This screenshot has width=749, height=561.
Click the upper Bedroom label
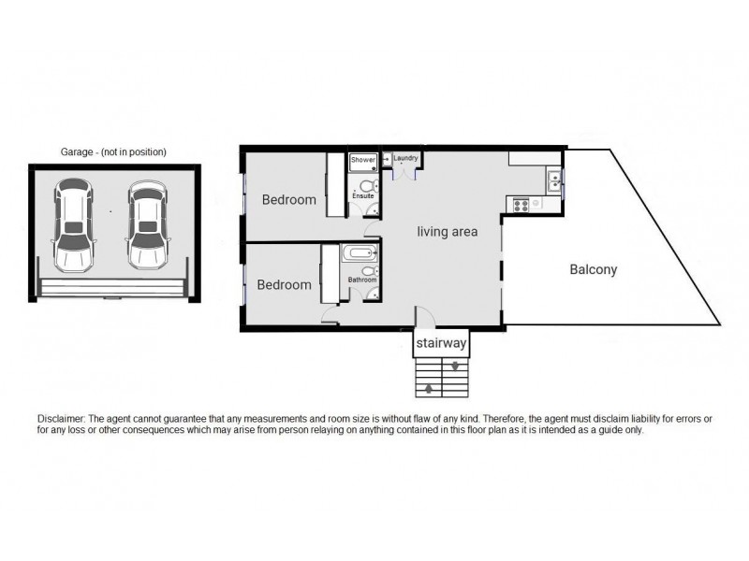coord(288,199)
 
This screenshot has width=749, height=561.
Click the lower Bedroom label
coord(284,285)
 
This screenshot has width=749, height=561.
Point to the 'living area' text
coord(448,232)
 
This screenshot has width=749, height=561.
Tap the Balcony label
coord(594,270)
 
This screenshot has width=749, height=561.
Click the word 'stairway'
coord(441,344)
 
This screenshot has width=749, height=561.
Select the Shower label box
coord(363,161)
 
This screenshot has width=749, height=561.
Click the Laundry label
coord(405,159)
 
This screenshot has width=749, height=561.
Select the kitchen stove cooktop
coord(518,202)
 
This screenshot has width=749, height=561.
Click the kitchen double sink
coord(555,179)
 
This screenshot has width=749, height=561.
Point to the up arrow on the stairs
coord(429,387)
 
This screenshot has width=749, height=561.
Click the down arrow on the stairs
coord(454,367)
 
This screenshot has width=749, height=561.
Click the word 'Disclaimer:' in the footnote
coord(61,419)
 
